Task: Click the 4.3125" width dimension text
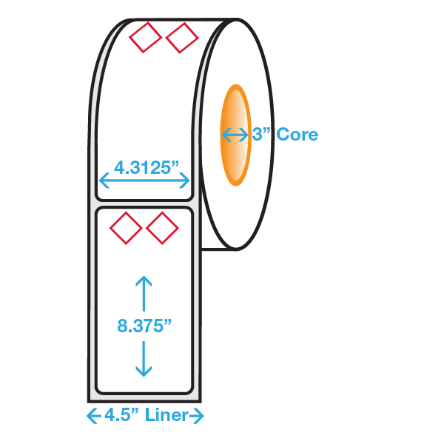pos(147,168)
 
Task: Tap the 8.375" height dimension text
pos(144,326)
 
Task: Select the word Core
pos(297,134)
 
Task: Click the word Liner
pos(166,415)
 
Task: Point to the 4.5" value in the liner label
pos(122,415)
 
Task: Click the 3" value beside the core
pos(260,134)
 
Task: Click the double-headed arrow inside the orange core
pos(235,135)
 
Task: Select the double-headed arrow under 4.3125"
pos(144,180)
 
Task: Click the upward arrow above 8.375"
pos(144,293)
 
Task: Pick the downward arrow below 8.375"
pos(144,359)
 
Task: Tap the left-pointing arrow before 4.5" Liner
pos(94,416)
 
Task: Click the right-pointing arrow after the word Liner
pos(196,416)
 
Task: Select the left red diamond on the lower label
pos(126,228)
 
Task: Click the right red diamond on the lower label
pos(162,228)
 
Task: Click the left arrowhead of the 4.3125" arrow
pos(104,180)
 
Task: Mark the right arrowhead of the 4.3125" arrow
pos(184,180)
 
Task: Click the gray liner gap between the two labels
pos(144,204)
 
